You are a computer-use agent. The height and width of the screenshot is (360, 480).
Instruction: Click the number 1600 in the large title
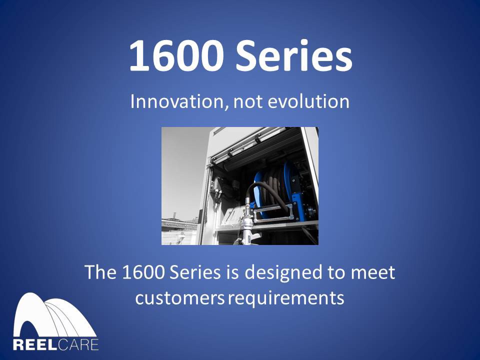(x=169, y=56)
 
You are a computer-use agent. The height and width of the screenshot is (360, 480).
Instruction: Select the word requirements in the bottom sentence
(x=286, y=298)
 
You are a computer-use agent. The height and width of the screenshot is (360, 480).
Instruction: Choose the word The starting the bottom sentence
(x=100, y=273)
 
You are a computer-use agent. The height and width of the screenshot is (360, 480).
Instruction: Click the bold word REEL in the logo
(x=34, y=344)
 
